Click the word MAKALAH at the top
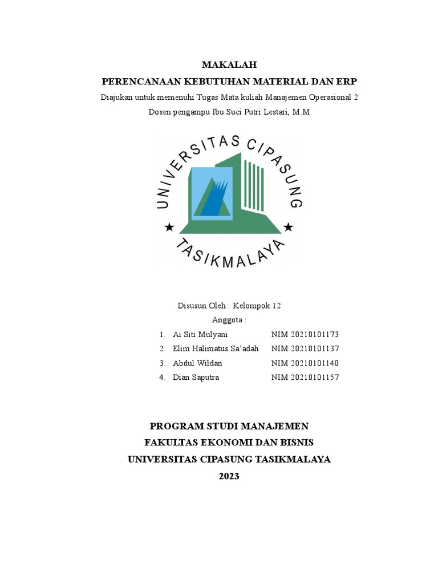[229, 65]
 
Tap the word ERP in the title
[346, 81]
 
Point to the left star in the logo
[169, 228]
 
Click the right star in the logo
[289, 228]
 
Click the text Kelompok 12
[261, 306]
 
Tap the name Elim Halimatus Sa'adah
[216, 348]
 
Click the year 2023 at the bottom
[229, 476]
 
